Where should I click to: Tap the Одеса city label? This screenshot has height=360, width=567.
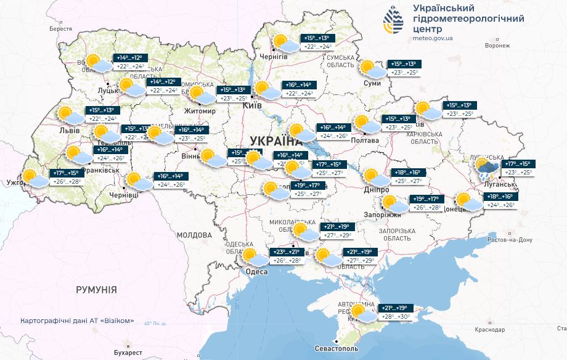pyautogui.click(x=256, y=272)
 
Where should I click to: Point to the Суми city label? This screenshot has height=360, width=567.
pyautogui.click(x=372, y=83)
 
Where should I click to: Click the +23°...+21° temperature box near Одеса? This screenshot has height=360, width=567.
pyautogui.click(x=285, y=252)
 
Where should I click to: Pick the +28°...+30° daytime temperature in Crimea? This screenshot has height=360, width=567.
pyautogui.click(x=396, y=317)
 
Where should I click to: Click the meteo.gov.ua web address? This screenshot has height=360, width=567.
pyautogui.click(x=434, y=38)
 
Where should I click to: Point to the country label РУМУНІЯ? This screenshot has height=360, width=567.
pyautogui.click(x=96, y=289)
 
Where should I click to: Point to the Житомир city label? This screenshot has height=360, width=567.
pyautogui.click(x=200, y=112)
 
